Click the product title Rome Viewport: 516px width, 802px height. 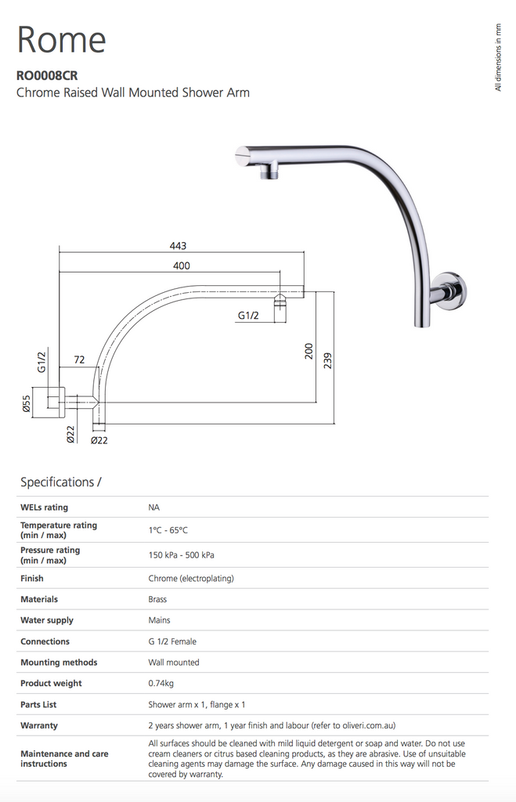tap(61, 39)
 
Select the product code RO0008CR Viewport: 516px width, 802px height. tap(47, 77)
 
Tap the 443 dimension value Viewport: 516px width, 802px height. tap(179, 246)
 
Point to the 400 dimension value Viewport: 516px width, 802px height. tap(181, 266)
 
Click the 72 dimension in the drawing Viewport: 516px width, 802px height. tap(79, 359)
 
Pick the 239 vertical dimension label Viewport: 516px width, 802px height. tap(328, 359)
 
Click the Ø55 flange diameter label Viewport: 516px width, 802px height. tap(26, 403)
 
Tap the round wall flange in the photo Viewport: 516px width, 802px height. tap(449, 290)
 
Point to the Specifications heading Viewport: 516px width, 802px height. tap(61, 482)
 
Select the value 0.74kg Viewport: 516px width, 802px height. tap(161, 683)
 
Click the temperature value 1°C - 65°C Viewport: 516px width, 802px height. tap(168, 530)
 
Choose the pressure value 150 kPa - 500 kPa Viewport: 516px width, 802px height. tap(181, 555)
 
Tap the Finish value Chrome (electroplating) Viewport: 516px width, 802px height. tap(191, 578)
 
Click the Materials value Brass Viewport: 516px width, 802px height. tap(157, 599)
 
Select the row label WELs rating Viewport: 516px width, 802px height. tap(44, 508)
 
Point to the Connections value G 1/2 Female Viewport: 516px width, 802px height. tap(172, 641)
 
